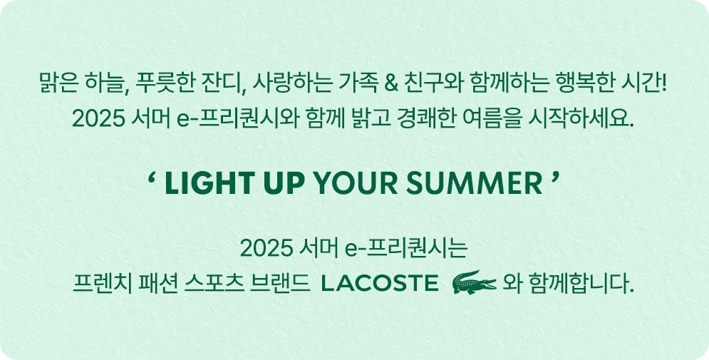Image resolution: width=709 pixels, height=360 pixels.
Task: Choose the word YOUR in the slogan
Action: tap(346, 185)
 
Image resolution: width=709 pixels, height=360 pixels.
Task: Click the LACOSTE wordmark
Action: tap(380, 284)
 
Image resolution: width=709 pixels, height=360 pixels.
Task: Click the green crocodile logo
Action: tap(473, 283)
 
